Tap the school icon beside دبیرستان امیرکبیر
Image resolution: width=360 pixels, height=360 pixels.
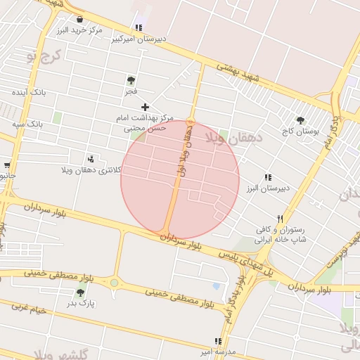click(x=139, y=28)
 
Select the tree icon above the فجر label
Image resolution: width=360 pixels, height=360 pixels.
click(x=131, y=80)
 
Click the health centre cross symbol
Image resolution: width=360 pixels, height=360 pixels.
click(x=146, y=107)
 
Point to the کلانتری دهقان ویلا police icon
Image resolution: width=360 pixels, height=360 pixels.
click(x=91, y=159)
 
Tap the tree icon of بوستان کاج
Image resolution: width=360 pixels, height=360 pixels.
click(x=301, y=120)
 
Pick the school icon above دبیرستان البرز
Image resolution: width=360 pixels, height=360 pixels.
click(x=267, y=177)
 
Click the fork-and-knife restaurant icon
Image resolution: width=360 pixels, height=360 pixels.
click(x=281, y=219)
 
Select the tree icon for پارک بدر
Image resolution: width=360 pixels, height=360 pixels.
click(x=80, y=292)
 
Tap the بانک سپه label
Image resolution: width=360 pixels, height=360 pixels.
click(x=27, y=124)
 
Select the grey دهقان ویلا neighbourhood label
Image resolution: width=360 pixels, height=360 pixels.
click(x=233, y=138)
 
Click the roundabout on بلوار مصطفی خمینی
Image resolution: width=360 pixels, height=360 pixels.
click(x=114, y=283)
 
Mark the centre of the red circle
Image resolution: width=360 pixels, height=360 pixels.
click(x=180, y=180)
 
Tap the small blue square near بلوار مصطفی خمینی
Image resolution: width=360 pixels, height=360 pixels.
click(x=216, y=286)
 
